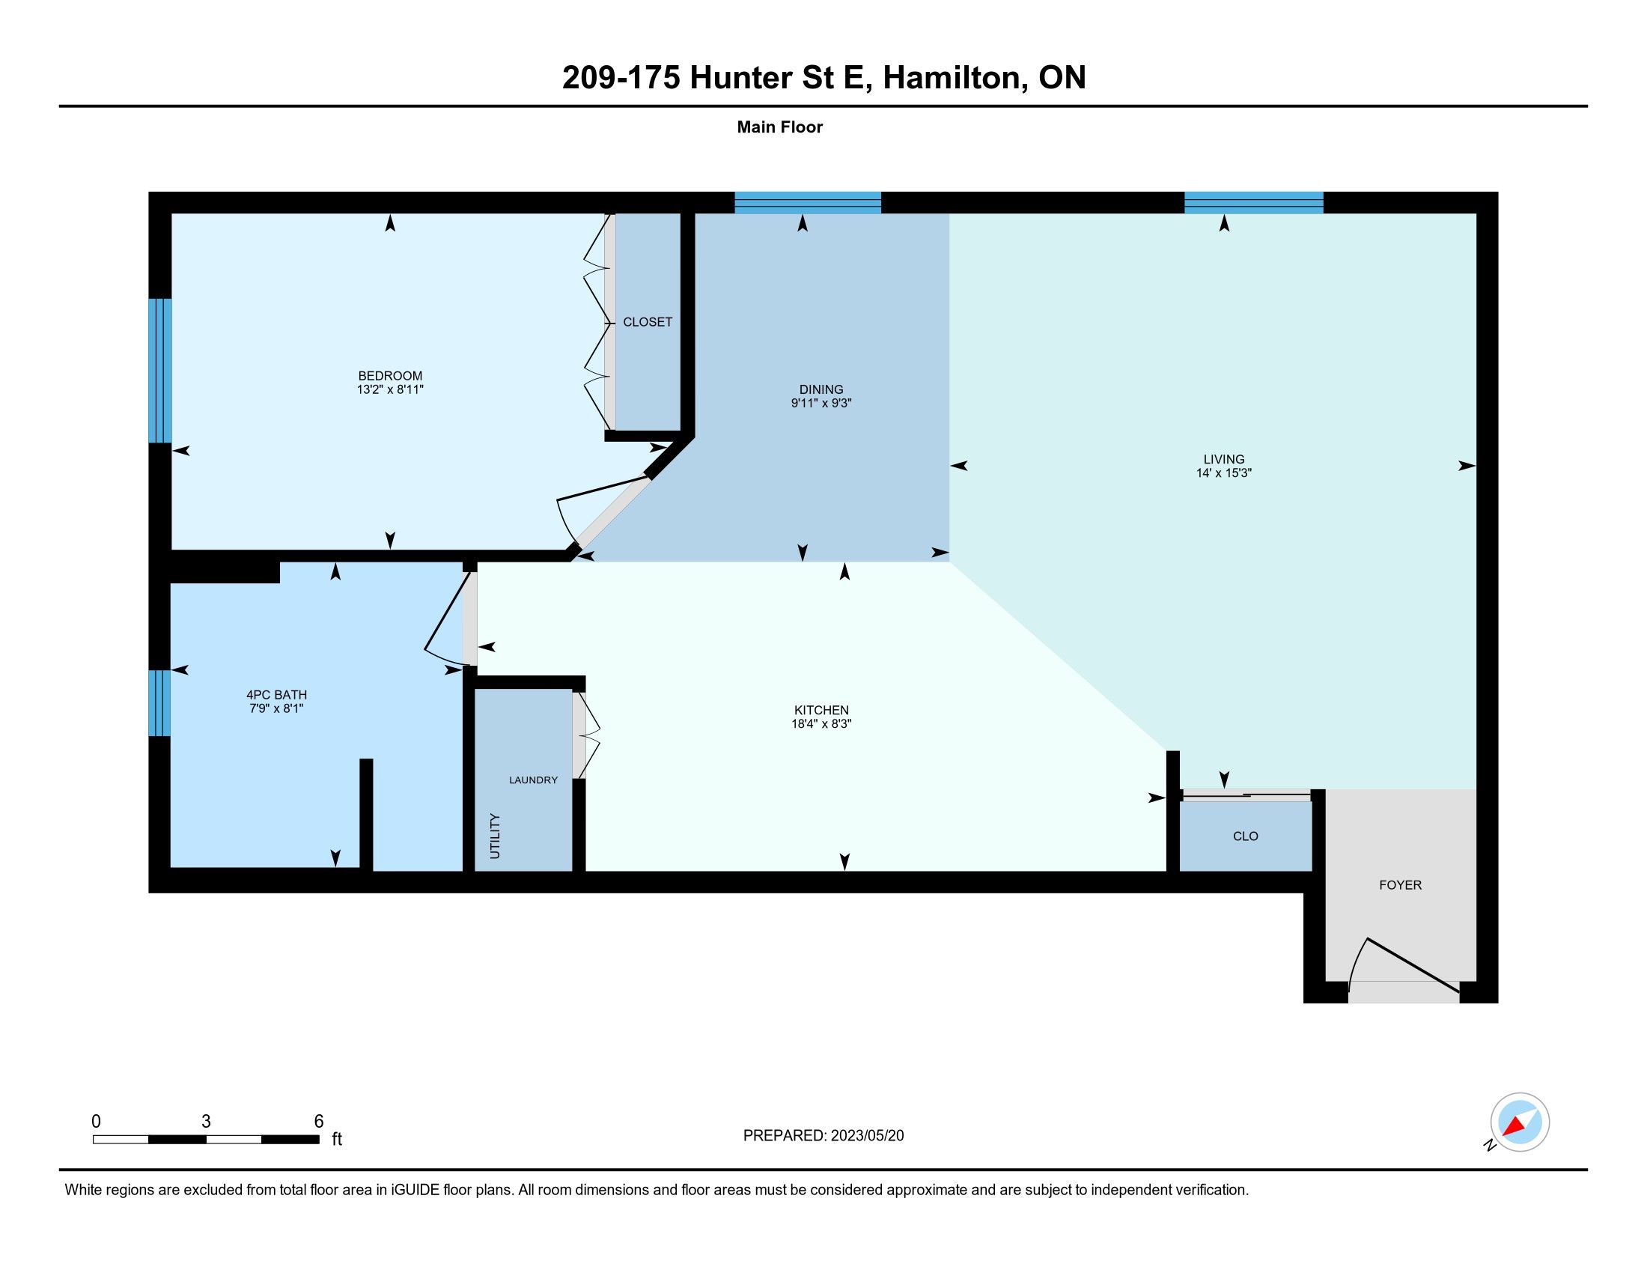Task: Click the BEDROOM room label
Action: (390, 376)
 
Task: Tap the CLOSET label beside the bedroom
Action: (647, 322)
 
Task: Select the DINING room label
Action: (821, 390)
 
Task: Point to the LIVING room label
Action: (1223, 459)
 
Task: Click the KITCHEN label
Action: (821, 710)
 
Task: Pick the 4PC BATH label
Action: (276, 695)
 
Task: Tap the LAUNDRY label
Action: (533, 780)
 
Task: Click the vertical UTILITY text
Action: (495, 836)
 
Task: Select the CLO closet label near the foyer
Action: (1245, 836)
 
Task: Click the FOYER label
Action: (1400, 884)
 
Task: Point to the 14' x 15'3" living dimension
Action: (1223, 473)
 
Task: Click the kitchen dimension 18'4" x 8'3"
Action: (821, 723)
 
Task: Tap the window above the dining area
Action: (808, 203)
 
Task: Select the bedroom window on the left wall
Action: (160, 370)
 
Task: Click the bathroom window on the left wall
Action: (159, 703)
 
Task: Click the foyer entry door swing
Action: (1403, 967)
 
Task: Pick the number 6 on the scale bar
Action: (318, 1122)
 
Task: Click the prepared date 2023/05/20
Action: (866, 1136)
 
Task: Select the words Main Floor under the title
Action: (780, 127)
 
